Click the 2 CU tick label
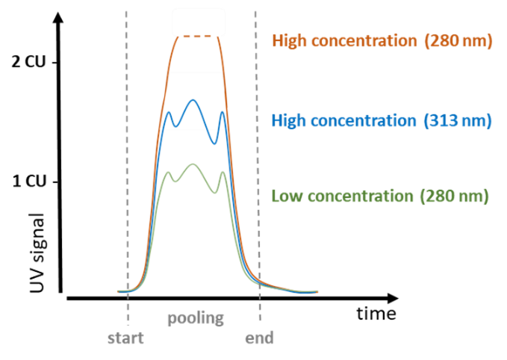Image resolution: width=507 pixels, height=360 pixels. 28,61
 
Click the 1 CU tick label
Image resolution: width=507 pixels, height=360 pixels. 29,181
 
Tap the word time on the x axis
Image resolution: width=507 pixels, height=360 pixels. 376,314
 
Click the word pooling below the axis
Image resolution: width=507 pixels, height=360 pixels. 196,318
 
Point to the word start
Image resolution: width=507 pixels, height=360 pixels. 125,338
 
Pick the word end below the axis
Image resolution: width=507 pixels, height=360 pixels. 259,338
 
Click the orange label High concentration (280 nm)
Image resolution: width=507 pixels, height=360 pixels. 382,41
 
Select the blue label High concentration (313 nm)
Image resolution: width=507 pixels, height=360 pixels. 382,121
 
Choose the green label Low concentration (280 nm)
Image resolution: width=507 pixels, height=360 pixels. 380,196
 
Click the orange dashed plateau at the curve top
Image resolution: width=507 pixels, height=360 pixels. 197,37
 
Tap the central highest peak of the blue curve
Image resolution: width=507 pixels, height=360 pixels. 193,100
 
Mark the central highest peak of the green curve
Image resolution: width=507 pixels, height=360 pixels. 193,164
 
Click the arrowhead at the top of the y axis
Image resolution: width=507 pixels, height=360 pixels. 58,18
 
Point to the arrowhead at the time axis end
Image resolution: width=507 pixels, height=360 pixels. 393,298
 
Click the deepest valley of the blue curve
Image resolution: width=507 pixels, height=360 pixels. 214,143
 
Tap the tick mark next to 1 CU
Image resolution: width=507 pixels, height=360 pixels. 55,182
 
